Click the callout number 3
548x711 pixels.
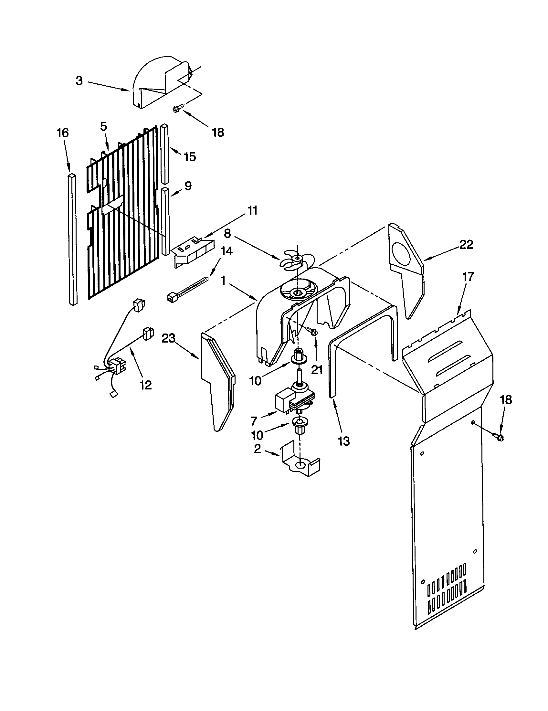click(79, 81)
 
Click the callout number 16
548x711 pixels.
click(62, 133)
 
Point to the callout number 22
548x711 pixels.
click(466, 245)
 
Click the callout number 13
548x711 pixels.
click(344, 441)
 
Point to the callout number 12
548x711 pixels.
click(146, 385)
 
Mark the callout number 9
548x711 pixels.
click(188, 186)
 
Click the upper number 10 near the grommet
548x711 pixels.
click(256, 381)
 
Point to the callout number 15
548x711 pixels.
click(190, 157)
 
